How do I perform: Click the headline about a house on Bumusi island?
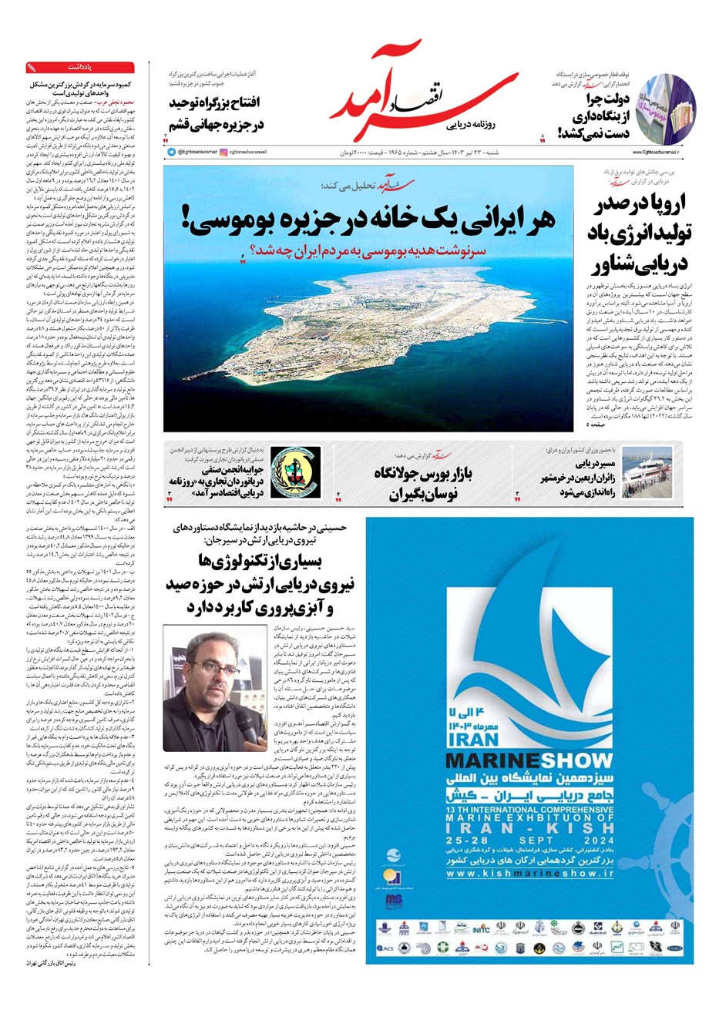pyautogui.click(x=369, y=218)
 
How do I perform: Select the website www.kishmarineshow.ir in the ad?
pyautogui.click(x=529, y=874)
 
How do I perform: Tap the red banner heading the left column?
pyautogui.click(x=79, y=67)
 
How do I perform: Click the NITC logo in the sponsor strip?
pyautogui.click(x=481, y=929)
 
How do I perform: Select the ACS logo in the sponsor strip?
pyautogui.click(x=385, y=948)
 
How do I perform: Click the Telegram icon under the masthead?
pyautogui.click(x=171, y=153)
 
